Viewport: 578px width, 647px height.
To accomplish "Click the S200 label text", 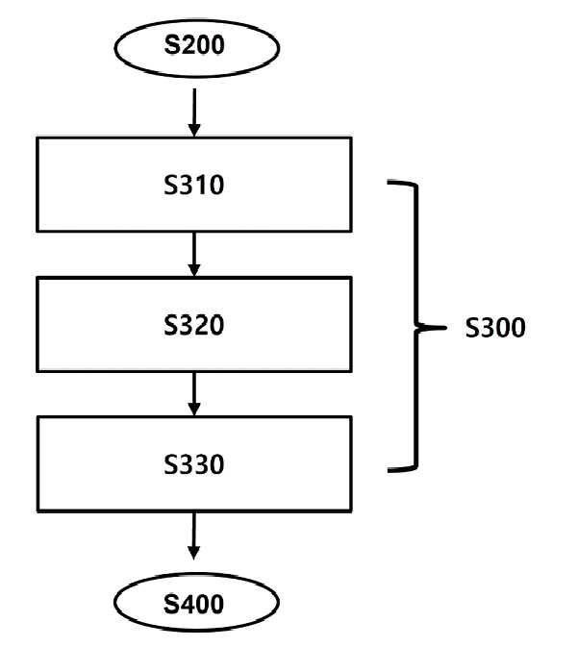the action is (x=194, y=44).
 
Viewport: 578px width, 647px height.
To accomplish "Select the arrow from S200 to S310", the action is (x=194, y=112).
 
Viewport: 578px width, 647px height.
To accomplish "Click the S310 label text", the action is (x=194, y=185).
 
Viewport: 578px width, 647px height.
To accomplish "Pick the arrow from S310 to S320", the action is (x=194, y=254).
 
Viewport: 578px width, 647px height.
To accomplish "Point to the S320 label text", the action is (x=194, y=325).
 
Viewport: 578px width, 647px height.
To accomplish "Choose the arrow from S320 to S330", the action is (x=194, y=394).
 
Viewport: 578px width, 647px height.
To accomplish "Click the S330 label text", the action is (x=194, y=464).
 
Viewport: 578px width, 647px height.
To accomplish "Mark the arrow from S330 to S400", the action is (x=193, y=536).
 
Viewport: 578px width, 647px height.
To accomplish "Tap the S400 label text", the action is (x=193, y=604).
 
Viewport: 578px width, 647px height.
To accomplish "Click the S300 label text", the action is (x=495, y=328).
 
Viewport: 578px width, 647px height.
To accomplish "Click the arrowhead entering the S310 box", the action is (x=194, y=131).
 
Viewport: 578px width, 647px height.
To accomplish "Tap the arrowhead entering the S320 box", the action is (x=194, y=271).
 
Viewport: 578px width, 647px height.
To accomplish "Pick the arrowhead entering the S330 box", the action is (x=194, y=410).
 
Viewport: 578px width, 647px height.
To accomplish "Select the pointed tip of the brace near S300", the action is (x=446, y=328).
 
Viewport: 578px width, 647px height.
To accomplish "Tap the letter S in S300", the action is (x=472, y=328).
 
